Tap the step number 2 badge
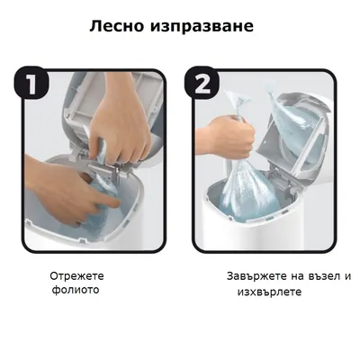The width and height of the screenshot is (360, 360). (202, 85)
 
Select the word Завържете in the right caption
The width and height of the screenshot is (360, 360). (255, 276)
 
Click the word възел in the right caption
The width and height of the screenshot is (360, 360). (320, 276)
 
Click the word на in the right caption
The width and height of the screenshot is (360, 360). (296, 276)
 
